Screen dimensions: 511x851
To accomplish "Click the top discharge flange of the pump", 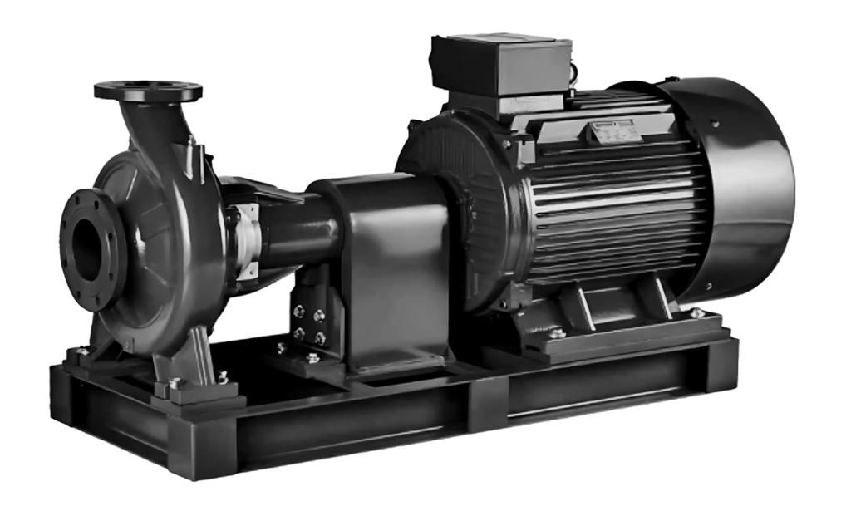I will click(148, 90).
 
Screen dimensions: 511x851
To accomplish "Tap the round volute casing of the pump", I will click(158, 241).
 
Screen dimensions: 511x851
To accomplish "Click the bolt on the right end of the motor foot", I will click(696, 313).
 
